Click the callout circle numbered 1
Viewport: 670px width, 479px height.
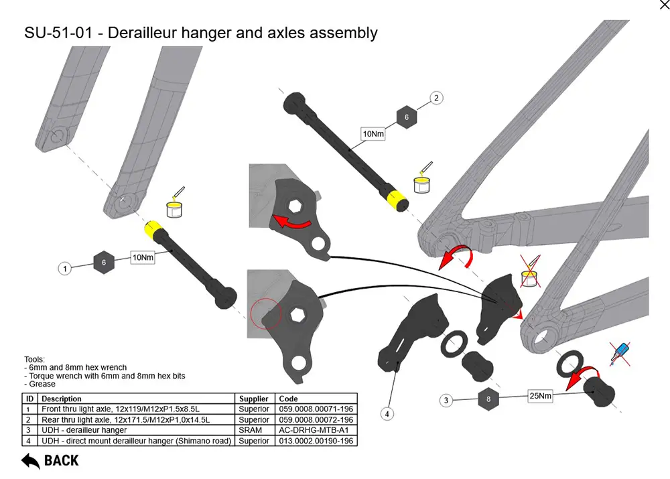pos(65,269)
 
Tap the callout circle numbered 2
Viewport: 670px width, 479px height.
pos(436,98)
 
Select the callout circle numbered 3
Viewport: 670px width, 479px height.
pos(446,401)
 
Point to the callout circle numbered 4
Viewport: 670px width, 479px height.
pos(387,414)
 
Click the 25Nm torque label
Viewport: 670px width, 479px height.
pos(540,396)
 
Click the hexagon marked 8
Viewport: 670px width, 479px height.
pos(488,399)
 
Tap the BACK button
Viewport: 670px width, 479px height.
pos(50,460)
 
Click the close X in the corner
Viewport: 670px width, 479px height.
pos(664,5)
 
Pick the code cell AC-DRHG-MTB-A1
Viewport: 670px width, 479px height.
pos(316,430)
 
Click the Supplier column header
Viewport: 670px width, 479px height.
pos(254,399)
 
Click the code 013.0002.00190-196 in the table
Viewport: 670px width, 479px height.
pos(316,441)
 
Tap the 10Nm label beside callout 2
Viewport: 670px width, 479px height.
pos(373,134)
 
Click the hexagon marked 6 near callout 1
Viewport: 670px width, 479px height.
pos(103,263)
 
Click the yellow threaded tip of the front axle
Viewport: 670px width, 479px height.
pos(155,231)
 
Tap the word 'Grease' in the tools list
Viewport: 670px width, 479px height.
pos(42,384)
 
